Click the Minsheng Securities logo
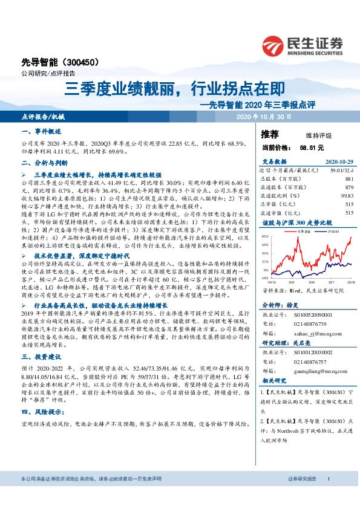(x=303, y=44)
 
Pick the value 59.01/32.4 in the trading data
(x=340, y=171)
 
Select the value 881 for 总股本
(x=349, y=180)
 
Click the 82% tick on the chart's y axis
(x=265, y=236)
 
